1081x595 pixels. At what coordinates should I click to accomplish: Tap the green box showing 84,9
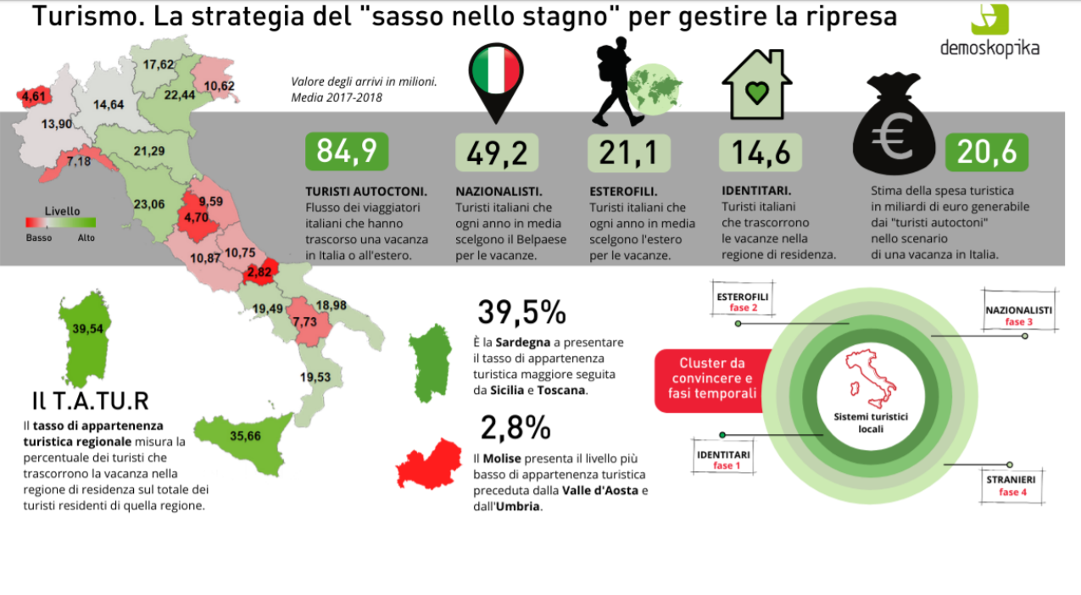347,152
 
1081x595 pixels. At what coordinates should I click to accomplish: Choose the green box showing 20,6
987,152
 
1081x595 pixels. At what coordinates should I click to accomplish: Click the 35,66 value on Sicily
246,437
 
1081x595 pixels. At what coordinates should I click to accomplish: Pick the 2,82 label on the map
259,273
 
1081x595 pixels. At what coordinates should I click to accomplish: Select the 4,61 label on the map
34,97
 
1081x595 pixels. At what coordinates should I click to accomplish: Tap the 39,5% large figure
521,312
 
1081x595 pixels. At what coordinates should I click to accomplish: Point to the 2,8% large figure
515,428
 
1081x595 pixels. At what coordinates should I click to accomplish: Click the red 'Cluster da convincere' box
716,378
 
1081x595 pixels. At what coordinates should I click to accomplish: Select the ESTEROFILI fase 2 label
743,302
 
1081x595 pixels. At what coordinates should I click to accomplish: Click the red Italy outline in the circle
871,380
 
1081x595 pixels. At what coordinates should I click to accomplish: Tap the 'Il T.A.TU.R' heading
90,400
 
